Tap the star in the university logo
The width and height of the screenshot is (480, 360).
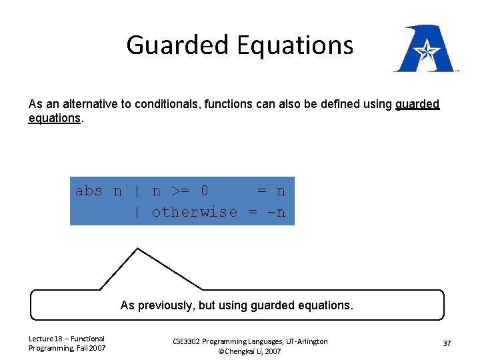pos(424,50)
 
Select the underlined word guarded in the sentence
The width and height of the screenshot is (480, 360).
pos(417,104)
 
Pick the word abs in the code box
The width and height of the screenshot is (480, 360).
pos(89,191)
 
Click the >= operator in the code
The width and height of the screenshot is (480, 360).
pos(180,191)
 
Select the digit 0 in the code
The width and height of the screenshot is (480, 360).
pos(204,191)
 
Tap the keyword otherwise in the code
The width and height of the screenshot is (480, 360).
pos(194,212)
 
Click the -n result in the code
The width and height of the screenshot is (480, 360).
pos(276,212)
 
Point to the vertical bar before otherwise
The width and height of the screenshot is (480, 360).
pos(137,212)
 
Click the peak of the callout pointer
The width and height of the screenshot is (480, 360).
pos(137,249)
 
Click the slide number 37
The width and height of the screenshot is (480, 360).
pos(447,343)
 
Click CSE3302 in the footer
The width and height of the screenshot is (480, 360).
pos(191,341)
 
